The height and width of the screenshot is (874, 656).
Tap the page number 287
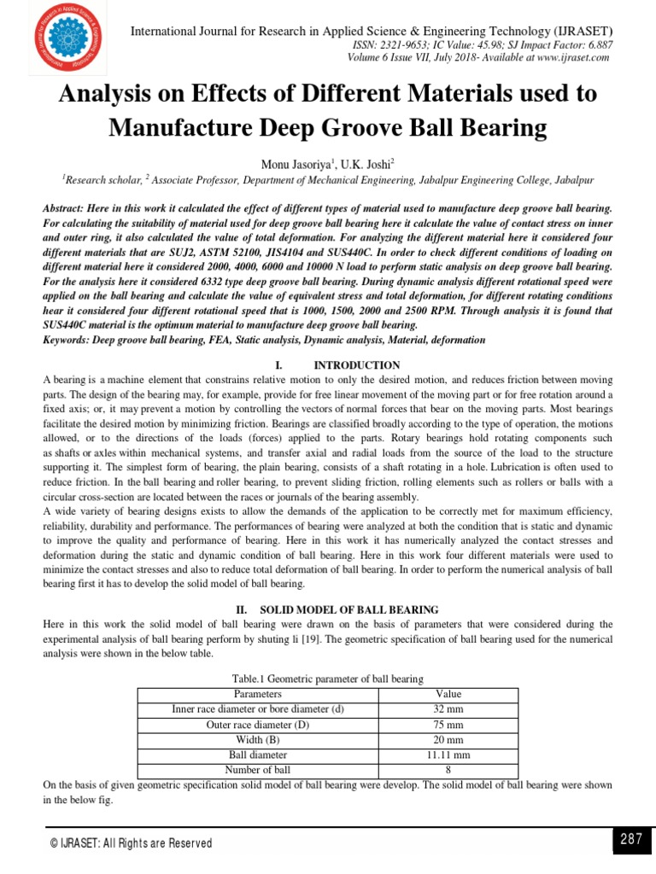[x=630, y=840]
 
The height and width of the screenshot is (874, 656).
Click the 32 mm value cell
[x=448, y=709]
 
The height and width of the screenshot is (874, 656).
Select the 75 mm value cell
[x=448, y=725]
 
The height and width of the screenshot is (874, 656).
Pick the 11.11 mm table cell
[x=448, y=755]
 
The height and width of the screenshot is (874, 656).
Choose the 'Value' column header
[x=448, y=694]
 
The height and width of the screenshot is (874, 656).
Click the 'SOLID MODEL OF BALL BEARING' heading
[x=348, y=609]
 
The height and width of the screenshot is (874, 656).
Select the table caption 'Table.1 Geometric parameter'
[x=328, y=679]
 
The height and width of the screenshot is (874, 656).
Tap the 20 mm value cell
[x=448, y=740]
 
